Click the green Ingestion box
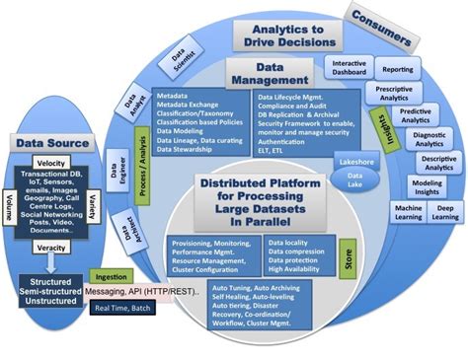pos(111,277)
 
